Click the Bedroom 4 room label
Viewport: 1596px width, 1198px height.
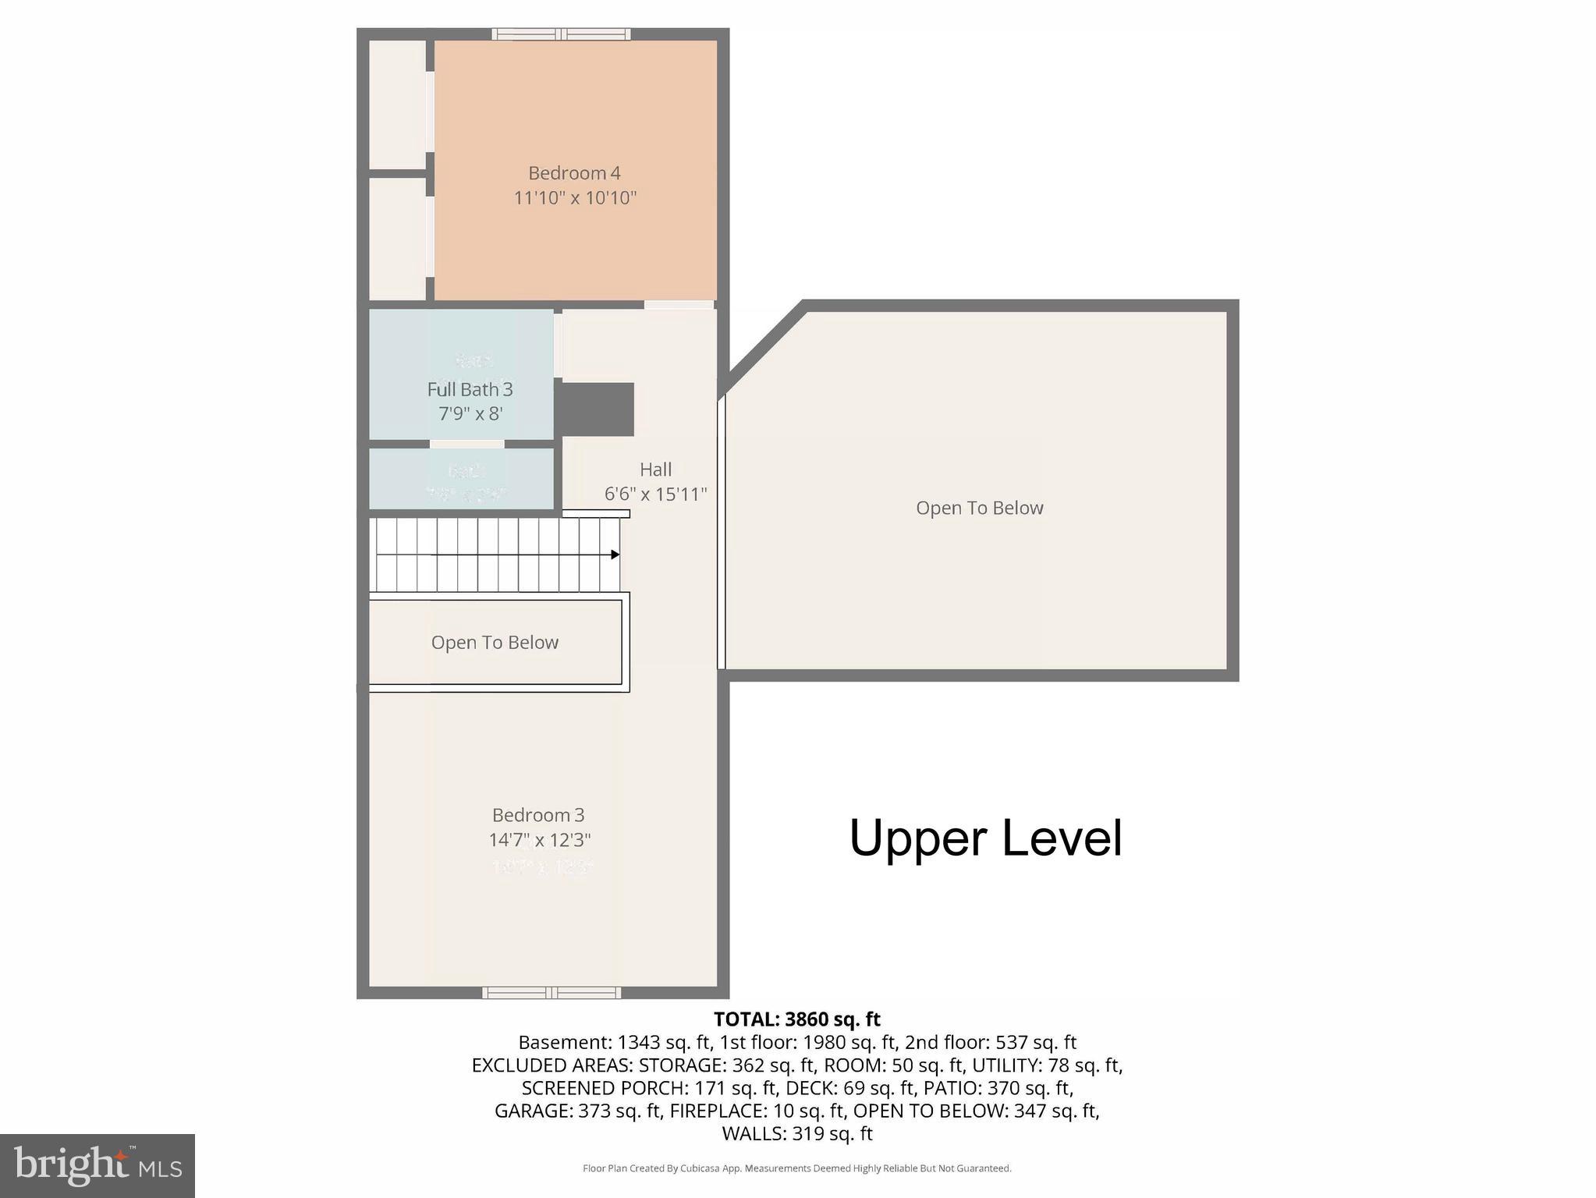574,173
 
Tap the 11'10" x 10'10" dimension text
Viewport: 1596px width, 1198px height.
575,198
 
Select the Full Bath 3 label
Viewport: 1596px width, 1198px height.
470,389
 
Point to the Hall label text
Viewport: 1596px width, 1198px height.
655,470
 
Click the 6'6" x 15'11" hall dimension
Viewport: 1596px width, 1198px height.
655,494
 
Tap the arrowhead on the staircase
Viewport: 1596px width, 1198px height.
615,555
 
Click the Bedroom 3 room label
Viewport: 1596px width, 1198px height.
537,815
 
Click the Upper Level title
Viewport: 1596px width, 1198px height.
985,838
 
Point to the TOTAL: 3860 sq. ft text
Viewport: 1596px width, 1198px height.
796,1019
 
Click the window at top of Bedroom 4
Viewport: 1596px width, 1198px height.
561,34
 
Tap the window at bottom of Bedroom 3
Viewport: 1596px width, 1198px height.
552,993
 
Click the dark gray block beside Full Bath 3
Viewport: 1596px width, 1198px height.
598,409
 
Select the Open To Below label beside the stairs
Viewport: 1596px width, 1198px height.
495,643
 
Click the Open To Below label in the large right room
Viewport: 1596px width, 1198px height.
979,509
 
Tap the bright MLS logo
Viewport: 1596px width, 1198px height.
98,1165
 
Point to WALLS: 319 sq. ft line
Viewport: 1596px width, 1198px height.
796,1133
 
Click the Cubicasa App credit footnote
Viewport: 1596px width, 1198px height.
796,1168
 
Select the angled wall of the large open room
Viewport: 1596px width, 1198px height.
763,348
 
